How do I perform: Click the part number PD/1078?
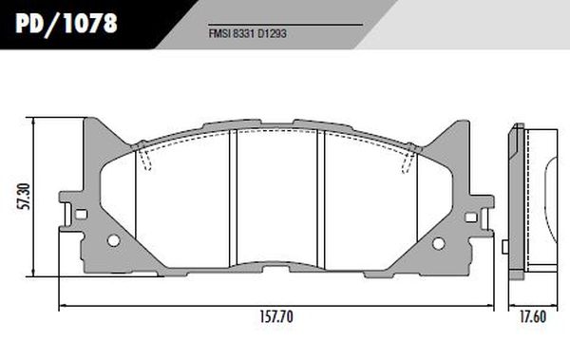click(66, 24)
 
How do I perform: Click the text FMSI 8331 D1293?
click(248, 34)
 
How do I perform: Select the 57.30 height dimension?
click(25, 197)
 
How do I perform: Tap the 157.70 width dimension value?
click(276, 317)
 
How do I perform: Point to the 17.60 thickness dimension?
click(533, 317)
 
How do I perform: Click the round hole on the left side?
click(114, 240)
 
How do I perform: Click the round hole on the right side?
click(438, 243)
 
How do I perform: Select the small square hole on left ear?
click(81, 214)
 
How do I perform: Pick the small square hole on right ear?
click(471, 218)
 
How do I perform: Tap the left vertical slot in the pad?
click(233, 199)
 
